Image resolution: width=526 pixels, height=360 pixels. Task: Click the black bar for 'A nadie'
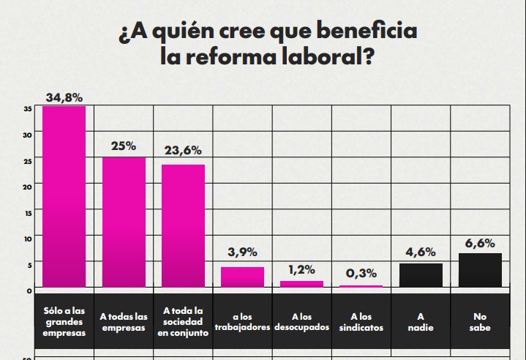421,275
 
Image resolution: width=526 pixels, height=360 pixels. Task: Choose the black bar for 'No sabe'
480,270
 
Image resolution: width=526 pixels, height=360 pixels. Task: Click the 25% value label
124,146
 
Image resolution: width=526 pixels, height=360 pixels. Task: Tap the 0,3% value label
361,273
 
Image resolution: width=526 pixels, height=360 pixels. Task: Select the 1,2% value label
301,269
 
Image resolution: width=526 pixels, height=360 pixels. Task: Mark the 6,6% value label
480,243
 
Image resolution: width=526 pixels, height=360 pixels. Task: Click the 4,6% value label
421,252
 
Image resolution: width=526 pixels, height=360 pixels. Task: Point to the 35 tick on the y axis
27,109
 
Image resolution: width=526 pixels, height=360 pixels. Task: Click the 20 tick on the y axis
27,187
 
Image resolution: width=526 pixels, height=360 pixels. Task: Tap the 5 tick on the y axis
29,264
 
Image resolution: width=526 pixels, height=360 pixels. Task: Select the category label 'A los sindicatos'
361,322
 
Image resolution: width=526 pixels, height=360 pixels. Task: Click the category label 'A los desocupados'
301,322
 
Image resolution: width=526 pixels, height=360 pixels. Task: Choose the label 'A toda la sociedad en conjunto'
183,322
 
